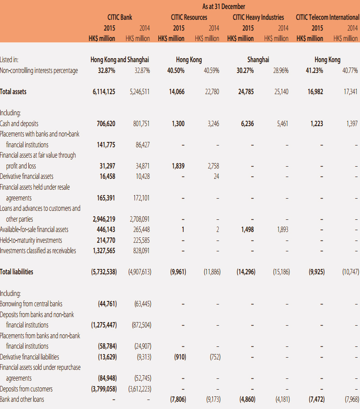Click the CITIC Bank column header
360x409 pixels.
(120, 17)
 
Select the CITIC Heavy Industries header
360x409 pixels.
(258, 17)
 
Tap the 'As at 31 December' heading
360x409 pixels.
(224, 6)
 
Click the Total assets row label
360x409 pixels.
(13, 91)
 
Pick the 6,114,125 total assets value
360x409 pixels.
(104, 91)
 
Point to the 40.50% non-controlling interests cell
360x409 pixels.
(175, 70)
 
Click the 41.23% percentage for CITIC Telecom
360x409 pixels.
(315, 70)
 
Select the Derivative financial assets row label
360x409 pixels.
(27, 176)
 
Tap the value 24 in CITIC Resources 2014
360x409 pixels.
(216, 176)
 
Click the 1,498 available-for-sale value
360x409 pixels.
(247, 229)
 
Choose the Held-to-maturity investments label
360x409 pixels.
(31, 240)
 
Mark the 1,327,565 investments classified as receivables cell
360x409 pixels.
(104, 250)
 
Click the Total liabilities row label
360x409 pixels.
(16, 272)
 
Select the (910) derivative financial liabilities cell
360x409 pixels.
(180, 357)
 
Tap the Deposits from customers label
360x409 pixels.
(26, 389)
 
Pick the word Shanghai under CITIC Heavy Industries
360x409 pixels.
(258, 60)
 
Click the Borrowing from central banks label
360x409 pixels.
(31, 304)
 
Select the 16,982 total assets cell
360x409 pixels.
(315, 91)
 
